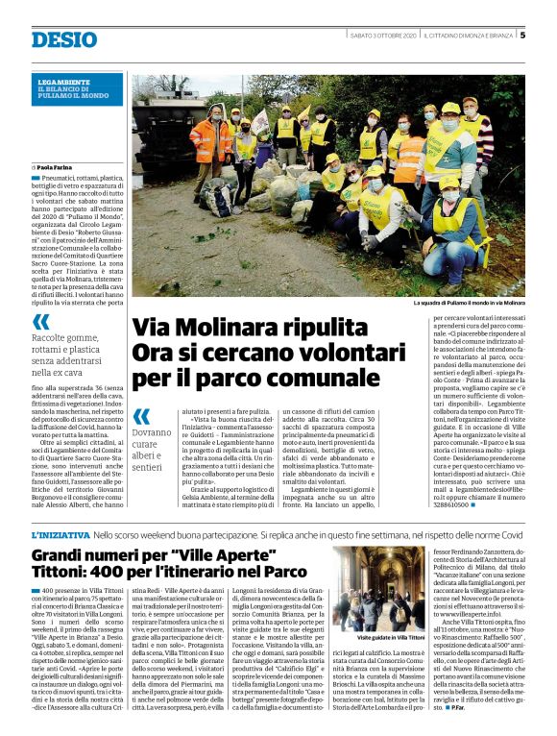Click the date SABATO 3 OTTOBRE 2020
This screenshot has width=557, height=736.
[x=383, y=36]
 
